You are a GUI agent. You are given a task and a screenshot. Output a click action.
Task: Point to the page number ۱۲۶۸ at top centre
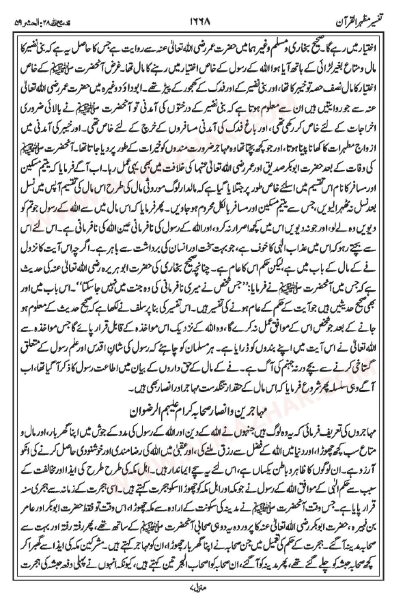pos(202,21)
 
